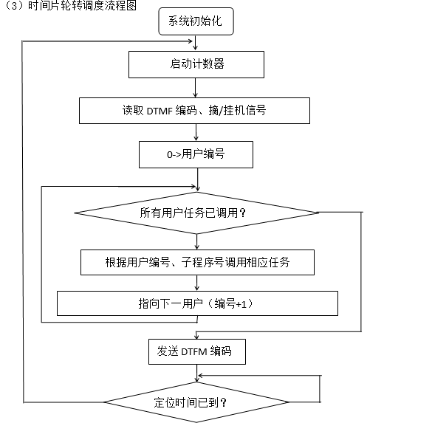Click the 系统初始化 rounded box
(x=196, y=21)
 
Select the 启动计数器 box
(x=196, y=64)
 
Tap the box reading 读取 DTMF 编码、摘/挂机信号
(x=194, y=111)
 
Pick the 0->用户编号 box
(x=196, y=155)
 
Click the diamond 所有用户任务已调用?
(x=196, y=213)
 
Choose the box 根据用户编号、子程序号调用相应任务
(x=197, y=263)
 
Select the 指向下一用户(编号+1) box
(x=197, y=303)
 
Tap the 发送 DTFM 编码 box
(x=197, y=351)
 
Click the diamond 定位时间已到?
(x=196, y=402)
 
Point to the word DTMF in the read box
(x=160, y=111)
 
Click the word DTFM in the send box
(x=194, y=352)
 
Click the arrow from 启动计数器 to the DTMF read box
(x=196, y=88)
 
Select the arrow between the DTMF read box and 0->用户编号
(x=196, y=132)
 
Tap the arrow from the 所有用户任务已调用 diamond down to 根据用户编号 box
(x=197, y=242)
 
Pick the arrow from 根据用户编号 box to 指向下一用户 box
(x=197, y=283)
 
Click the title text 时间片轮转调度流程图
(x=82, y=6)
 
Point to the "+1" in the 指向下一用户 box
(x=241, y=304)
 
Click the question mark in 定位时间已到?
(x=224, y=403)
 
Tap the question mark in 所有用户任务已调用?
(x=243, y=213)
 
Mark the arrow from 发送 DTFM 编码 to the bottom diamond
(x=197, y=374)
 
